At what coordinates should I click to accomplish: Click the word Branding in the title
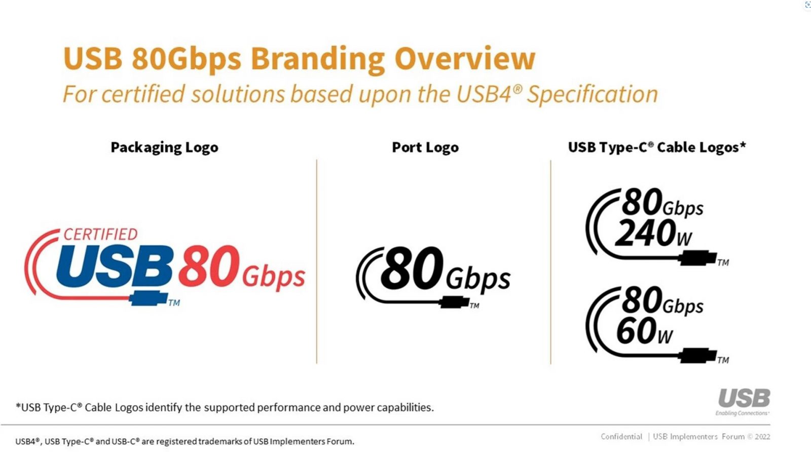tap(317, 59)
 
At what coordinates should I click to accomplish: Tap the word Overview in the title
tap(465, 58)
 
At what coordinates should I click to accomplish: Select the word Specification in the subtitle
tap(592, 94)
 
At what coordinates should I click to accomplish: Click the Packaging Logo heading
tap(164, 147)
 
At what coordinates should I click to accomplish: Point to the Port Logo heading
tap(425, 147)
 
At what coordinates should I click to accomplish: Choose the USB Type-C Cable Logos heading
tap(657, 147)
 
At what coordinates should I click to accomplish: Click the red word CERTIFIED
tap(101, 235)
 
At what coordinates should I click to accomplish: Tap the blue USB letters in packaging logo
tap(115, 266)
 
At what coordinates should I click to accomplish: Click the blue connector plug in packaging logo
tap(149, 298)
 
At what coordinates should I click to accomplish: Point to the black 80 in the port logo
tap(412, 268)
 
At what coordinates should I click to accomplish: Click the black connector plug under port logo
tap(454, 302)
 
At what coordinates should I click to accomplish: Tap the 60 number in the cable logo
tap(636, 331)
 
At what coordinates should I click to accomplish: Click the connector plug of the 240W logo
tap(697, 258)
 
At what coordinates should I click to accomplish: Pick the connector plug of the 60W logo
tap(697, 355)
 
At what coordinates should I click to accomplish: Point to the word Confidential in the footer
tap(621, 437)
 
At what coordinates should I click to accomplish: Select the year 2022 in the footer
tap(762, 437)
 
